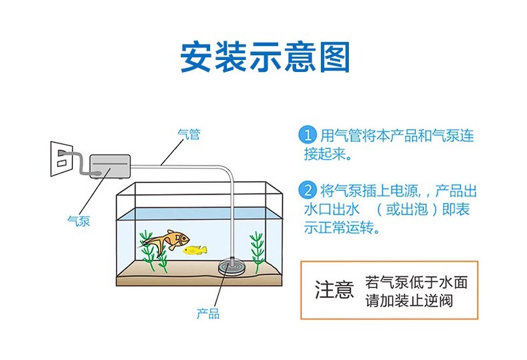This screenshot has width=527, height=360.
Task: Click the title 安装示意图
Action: (x=265, y=57)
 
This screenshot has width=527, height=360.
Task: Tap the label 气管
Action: (x=189, y=134)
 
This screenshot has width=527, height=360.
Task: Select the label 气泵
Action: (x=79, y=221)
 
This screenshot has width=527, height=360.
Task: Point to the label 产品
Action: (x=208, y=313)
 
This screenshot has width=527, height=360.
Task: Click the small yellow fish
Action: (x=195, y=250)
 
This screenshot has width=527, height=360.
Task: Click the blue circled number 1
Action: (x=306, y=135)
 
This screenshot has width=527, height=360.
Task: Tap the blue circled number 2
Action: (x=306, y=190)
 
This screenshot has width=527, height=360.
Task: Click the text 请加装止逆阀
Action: (x=409, y=301)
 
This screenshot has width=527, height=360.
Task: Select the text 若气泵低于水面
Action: (x=416, y=282)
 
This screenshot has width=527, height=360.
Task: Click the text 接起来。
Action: (x=328, y=155)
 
